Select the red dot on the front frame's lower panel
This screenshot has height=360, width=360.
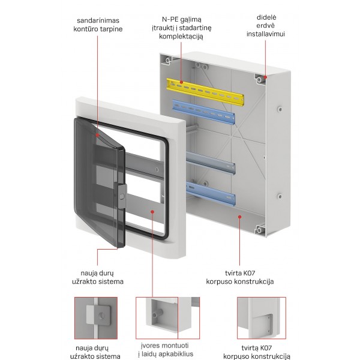click(154, 212)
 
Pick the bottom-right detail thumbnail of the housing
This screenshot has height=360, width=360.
click(261, 319)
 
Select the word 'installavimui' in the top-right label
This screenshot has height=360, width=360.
click(265, 34)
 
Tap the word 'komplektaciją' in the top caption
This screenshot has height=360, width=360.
click(181, 37)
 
